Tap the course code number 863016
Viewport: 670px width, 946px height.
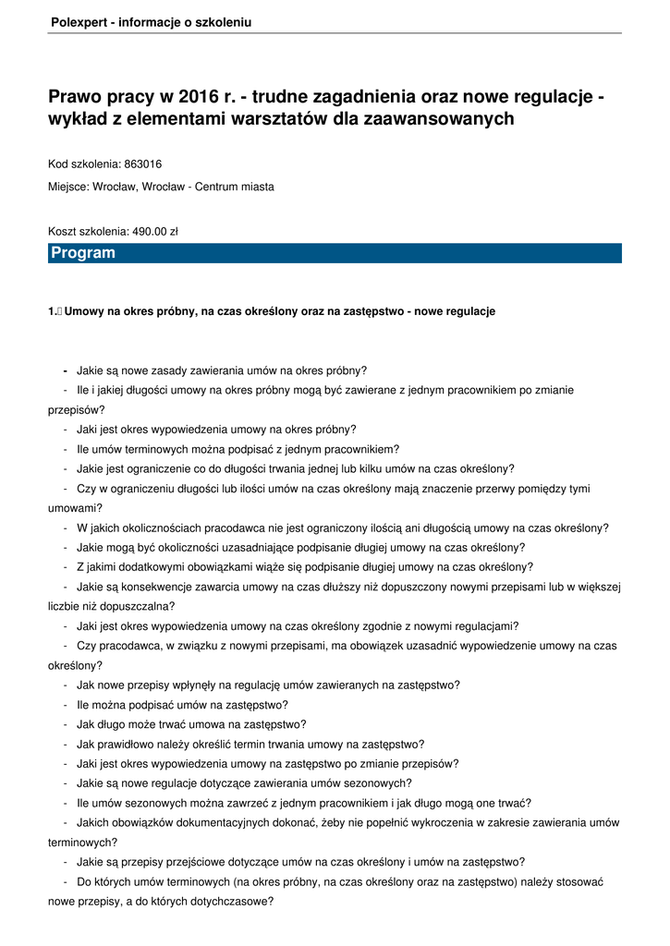(x=142, y=164)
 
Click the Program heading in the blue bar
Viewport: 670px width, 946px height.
(x=83, y=253)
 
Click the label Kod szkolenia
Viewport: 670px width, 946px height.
(x=83, y=164)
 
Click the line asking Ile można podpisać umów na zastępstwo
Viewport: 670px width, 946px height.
(x=182, y=704)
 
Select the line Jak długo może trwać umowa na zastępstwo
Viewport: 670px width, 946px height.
(x=191, y=724)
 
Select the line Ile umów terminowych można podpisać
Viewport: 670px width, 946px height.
(x=238, y=449)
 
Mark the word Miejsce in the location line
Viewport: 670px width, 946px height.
(x=68, y=187)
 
